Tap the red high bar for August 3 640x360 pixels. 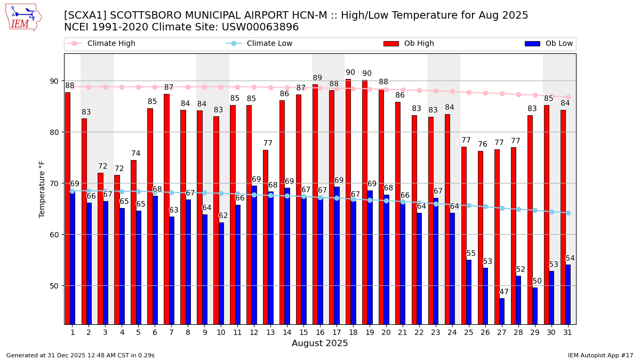[x=100, y=249]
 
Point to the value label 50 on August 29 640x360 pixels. [x=537, y=281]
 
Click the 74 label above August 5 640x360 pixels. [x=135, y=154]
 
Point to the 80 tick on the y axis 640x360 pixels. [x=54, y=132]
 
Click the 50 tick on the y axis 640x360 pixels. [x=54, y=286]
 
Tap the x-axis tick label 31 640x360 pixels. [x=567, y=332]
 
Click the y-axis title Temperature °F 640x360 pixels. [x=43, y=189]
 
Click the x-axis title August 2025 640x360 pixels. [x=319, y=343]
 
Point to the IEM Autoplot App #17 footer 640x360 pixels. [x=601, y=355]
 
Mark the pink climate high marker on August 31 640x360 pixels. [x=568, y=97]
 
